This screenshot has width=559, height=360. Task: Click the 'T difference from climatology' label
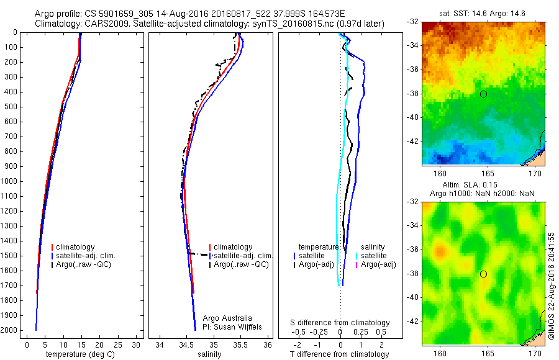pyautogui.click(x=339, y=354)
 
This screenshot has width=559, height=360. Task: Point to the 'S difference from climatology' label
pyautogui.click(x=340, y=323)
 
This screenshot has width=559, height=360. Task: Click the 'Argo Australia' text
pyautogui.click(x=228, y=318)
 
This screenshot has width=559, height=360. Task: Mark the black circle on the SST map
pyautogui.click(x=483, y=94)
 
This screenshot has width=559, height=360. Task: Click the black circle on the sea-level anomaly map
pyautogui.click(x=483, y=274)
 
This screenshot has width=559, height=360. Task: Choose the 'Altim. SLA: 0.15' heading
pyautogui.click(x=483, y=185)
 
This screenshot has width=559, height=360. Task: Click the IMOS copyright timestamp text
pyautogui.click(x=551, y=285)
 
